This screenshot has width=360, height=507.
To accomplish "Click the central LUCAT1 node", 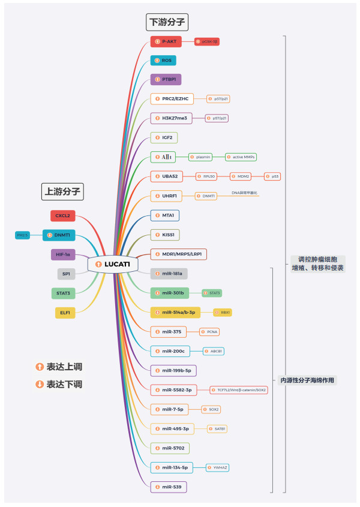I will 113,264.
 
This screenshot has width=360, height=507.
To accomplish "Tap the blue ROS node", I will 163,61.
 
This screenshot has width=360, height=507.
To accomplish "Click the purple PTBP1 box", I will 166,79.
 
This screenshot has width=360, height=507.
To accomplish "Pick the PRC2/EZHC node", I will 172,98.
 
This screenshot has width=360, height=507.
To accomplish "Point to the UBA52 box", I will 170,176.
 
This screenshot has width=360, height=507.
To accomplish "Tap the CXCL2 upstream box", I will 62,216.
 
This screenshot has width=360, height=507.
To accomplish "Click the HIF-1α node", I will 62,254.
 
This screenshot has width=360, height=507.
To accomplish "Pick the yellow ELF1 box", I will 65,312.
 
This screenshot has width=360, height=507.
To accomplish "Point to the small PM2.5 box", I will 23,235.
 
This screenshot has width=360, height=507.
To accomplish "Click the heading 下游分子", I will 167,23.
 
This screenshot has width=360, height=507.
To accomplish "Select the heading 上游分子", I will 62,191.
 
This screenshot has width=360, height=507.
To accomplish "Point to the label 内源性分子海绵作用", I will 308,380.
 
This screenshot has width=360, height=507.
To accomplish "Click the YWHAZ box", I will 218,467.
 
